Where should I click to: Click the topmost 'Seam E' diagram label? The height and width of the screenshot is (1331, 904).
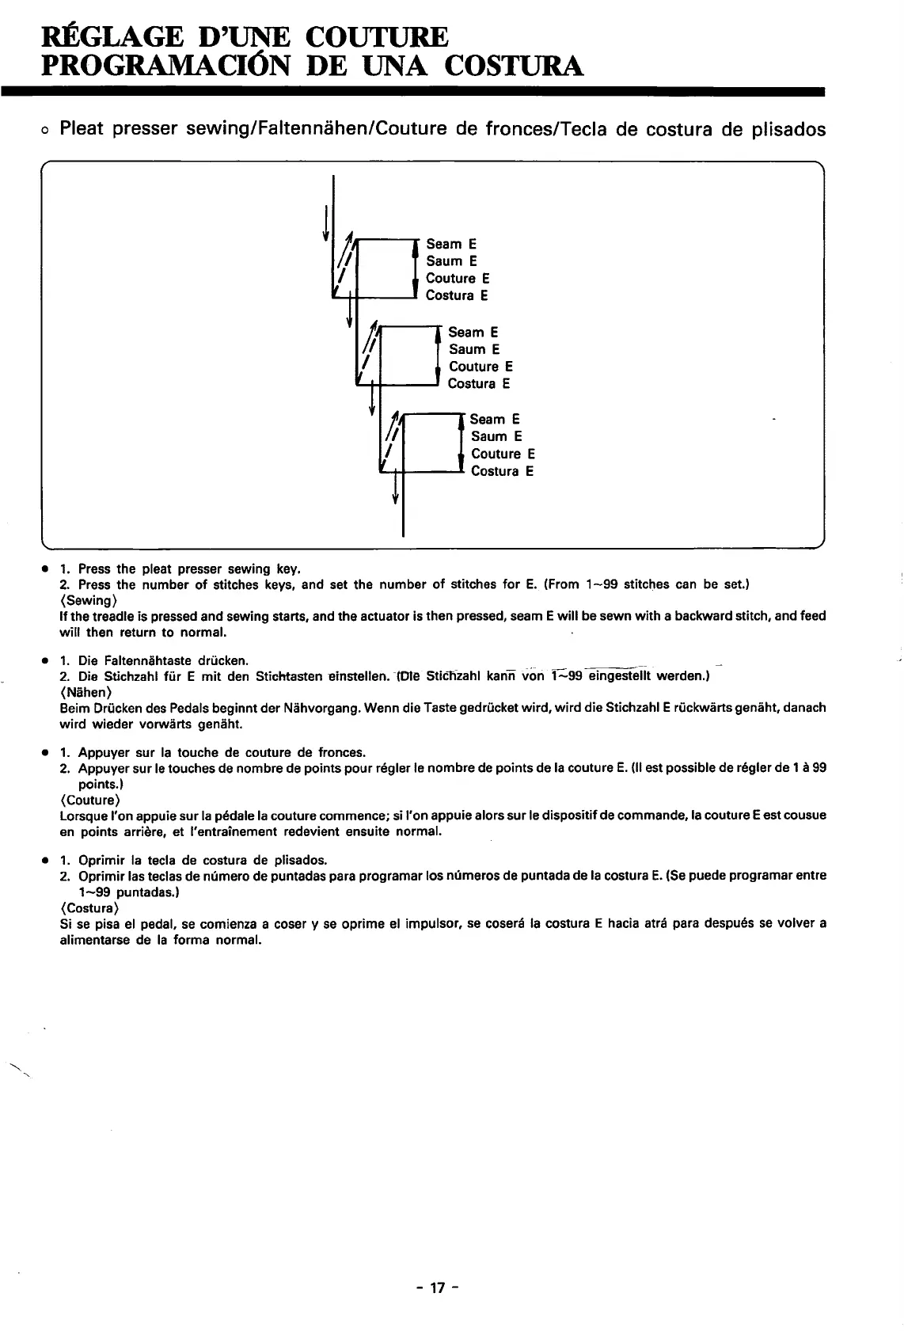[x=451, y=244]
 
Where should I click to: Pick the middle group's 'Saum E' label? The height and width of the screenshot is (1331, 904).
[x=474, y=349]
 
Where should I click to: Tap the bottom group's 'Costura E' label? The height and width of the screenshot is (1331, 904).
[x=502, y=471]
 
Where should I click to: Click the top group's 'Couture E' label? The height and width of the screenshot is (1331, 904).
[x=458, y=278]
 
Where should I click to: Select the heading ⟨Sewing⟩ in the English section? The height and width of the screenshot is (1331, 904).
[x=88, y=600]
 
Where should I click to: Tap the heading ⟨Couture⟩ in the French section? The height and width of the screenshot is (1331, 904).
[x=89, y=800]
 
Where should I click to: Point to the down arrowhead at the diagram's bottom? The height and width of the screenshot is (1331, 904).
[x=394, y=498]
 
